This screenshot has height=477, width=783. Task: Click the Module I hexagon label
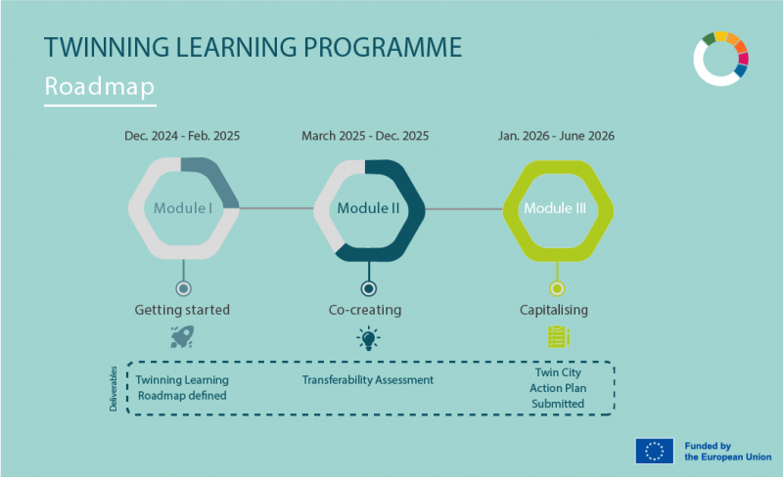(x=183, y=208)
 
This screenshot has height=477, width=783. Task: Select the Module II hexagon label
(x=368, y=208)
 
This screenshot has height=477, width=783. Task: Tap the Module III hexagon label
(x=557, y=208)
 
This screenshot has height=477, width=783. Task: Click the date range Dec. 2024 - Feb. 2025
(x=182, y=136)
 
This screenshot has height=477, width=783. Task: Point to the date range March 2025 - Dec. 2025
(x=365, y=136)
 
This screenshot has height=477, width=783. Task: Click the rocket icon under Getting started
(x=182, y=338)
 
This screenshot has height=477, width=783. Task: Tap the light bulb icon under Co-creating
(x=368, y=338)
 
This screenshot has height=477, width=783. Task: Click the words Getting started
(x=182, y=310)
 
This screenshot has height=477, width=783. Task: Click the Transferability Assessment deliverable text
(x=367, y=379)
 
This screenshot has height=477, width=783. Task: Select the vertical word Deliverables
(x=113, y=389)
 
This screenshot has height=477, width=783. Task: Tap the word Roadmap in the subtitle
(x=100, y=87)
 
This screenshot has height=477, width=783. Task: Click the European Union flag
(x=654, y=451)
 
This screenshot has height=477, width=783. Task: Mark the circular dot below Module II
(x=368, y=288)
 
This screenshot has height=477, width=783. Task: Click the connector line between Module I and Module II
(x=276, y=208)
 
